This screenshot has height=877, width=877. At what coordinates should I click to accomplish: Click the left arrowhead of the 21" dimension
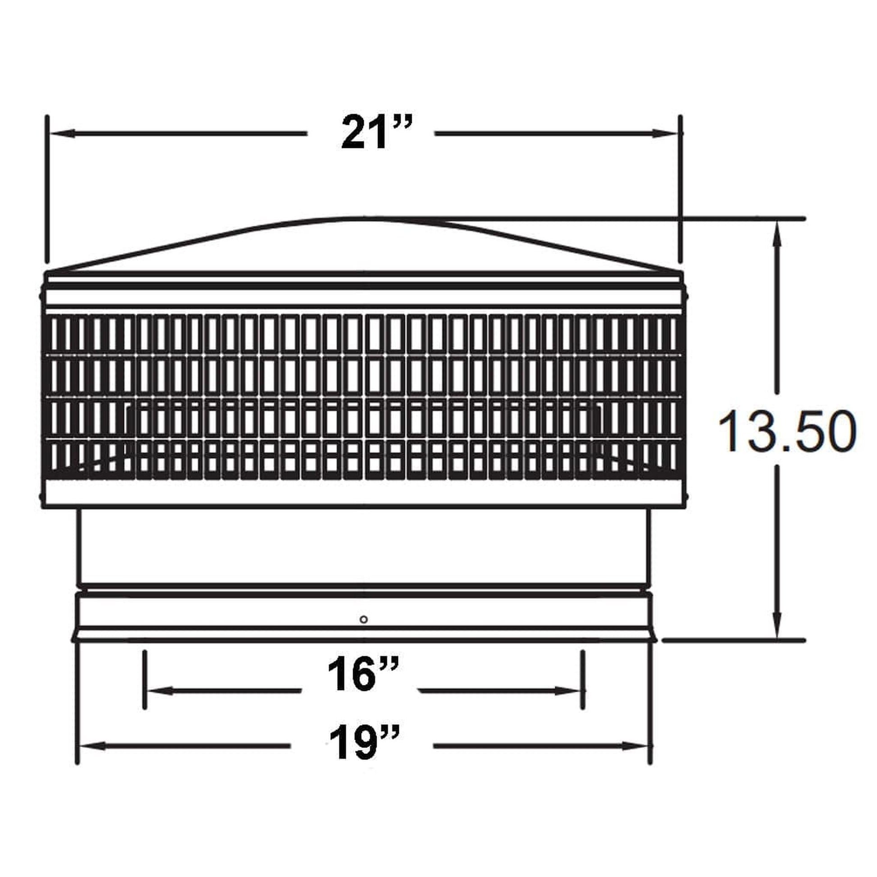61,133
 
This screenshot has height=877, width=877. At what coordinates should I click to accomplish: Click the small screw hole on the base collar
363,619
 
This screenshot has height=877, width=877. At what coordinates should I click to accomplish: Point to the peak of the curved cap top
363,219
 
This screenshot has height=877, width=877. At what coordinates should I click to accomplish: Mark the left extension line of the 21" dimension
47,191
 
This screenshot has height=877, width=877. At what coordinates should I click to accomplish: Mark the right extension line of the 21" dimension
680,191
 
